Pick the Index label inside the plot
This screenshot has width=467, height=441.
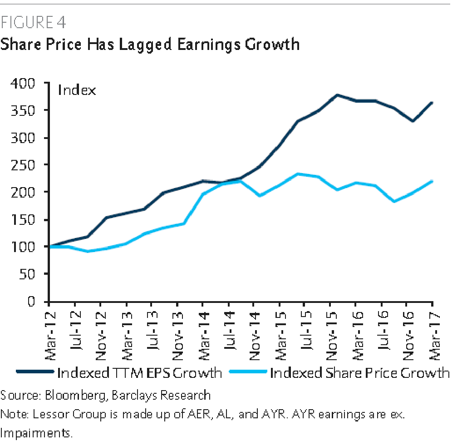(77, 90)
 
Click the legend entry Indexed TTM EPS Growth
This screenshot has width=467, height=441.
(139, 373)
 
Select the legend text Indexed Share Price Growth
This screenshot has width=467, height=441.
(359, 373)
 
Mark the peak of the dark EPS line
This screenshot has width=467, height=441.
(337, 95)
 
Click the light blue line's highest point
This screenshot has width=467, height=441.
(297, 174)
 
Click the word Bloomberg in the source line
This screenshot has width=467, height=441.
(74, 395)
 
